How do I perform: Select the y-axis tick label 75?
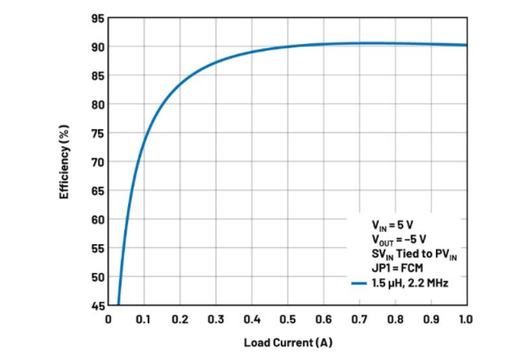[x=96, y=133]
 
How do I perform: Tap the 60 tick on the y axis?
[x=96, y=220]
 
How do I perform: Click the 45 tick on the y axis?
[x=96, y=305]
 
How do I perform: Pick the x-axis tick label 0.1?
[x=144, y=319]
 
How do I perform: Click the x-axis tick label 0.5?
[x=287, y=319]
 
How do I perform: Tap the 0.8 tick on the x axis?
[x=395, y=319]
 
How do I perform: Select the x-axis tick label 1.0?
[x=466, y=319]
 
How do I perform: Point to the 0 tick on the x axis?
[x=109, y=319]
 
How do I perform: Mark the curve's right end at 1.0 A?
[x=466, y=45]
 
